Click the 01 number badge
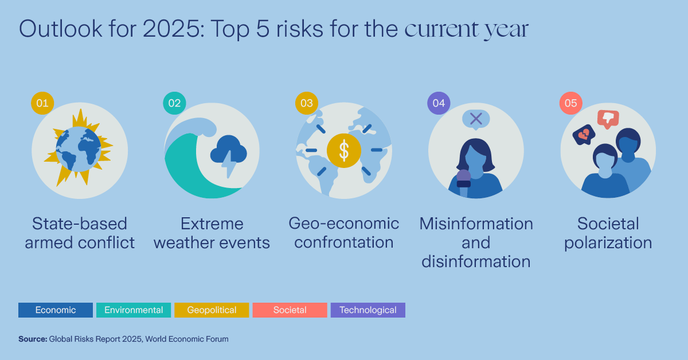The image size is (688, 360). point(42,103)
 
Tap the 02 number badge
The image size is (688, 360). point(174,103)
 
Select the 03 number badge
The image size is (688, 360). point(307,103)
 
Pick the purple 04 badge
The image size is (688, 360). point(439,103)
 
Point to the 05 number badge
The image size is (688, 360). point(571,103)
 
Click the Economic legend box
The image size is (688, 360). point(56,310)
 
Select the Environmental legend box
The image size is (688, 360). point(134,310)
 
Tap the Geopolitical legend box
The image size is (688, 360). point(212,310)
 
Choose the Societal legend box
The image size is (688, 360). point(290,310)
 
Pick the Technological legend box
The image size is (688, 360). point(368,310)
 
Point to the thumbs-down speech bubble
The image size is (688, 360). point(608,119)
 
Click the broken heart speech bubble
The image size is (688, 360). point(584,135)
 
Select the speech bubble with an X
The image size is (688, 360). point(475,119)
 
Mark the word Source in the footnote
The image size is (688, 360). point(33,339)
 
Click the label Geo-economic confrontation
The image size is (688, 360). point(343,232)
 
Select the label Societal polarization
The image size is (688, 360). point(608,232)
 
